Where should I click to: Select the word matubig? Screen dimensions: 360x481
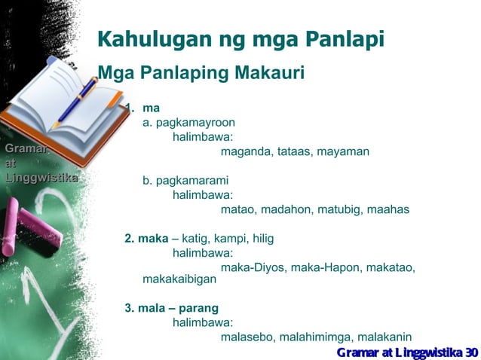tap(337, 209)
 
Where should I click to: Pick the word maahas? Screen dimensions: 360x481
tap(388, 209)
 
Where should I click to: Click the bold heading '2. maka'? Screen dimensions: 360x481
tap(146, 239)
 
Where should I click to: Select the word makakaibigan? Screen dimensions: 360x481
tap(179, 279)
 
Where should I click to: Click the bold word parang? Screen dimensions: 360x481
tap(198, 307)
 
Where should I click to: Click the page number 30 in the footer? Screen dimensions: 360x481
tap(472, 352)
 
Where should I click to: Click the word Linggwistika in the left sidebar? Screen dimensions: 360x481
tap(41, 178)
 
